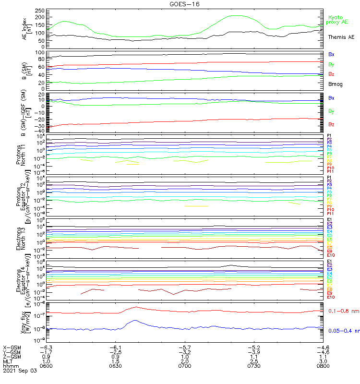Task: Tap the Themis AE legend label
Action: (x=341, y=37)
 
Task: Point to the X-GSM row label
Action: (x=12, y=347)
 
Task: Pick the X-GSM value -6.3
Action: (x=46, y=347)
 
